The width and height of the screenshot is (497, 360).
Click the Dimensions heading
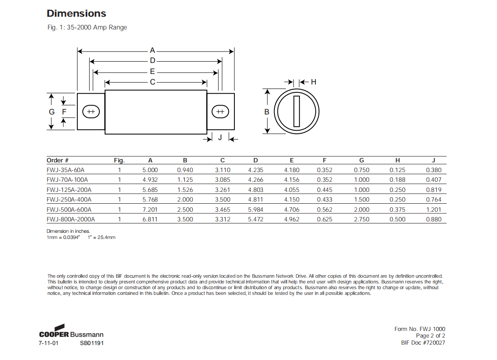[x=76, y=13]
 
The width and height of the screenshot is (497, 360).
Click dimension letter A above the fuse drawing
[x=153, y=50]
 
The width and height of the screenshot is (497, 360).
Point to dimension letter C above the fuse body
[x=153, y=82]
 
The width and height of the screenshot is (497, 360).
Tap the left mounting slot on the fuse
[x=91, y=112]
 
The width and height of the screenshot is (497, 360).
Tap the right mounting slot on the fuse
[x=220, y=112]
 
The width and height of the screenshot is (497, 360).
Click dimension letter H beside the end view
[x=314, y=82]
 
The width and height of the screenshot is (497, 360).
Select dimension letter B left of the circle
[x=267, y=112]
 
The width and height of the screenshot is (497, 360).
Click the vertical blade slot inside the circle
[x=296, y=111]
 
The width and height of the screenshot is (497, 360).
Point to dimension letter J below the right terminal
[x=220, y=138]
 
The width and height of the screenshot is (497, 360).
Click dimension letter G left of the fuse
[x=52, y=112]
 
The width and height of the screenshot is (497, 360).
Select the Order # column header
[x=58, y=160]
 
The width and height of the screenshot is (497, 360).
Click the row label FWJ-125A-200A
[x=69, y=190]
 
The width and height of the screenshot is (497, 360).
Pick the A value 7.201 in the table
[x=150, y=209]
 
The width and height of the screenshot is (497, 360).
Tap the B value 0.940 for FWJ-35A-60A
[x=185, y=170]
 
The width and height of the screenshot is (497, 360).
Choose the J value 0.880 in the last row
[x=434, y=219]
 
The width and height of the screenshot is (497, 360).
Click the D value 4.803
[x=256, y=190]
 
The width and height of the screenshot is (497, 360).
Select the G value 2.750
[x=362, y=219]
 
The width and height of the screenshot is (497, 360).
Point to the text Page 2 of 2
[x=430, y=336]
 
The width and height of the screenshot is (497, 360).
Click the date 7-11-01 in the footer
[x=48, y=343]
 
